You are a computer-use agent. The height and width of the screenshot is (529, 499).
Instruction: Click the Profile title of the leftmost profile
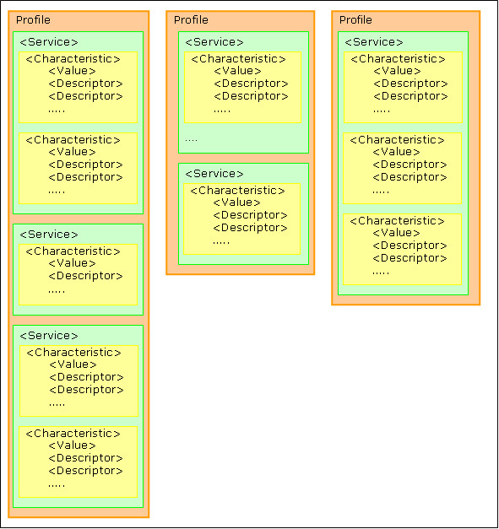click(x=33, y=20)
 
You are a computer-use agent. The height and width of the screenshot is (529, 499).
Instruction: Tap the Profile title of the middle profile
click(x=191, y=20)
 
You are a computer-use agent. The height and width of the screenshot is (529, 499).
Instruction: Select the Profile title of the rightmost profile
click(x=355, y=20)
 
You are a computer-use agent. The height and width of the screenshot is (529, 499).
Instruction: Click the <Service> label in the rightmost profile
click(x=374, y=42)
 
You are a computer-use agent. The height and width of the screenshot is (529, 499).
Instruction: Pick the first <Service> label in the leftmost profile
click(x=49, y=42)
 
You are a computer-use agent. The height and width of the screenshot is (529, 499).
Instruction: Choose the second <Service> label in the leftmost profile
click(x=49, y=235)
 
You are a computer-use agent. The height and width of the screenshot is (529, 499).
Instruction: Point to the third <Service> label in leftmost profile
click(x=49, y=335)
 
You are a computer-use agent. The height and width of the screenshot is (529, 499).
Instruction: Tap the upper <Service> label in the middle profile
click(x=214, y=42)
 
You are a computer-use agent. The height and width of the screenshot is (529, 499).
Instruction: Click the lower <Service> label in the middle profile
click(x=214, y=174)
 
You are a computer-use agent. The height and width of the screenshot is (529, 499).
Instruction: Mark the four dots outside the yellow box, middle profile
click(x=191, y=140)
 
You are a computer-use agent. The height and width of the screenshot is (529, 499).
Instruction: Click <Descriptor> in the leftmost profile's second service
click(x=86, y=276)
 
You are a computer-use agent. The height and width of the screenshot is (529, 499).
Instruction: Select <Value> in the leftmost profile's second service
click(x=73, y=263)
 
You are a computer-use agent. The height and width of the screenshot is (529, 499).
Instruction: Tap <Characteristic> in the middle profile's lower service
click(x=238, y=191)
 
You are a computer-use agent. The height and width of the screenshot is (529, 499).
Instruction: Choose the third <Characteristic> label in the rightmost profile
click(x=398, y=221)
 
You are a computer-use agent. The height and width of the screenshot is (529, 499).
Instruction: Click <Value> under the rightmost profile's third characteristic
click(x=396, y=233)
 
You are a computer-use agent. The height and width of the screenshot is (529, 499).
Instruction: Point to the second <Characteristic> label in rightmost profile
click(x=398, y=140)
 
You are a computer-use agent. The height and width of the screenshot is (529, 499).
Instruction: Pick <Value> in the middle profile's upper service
click(x=238, y=71)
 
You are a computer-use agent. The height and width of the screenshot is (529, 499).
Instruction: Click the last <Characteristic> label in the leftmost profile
click(x=73, y=434)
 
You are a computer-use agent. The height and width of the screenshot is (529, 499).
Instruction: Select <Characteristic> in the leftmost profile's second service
click(x=73, y=251)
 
